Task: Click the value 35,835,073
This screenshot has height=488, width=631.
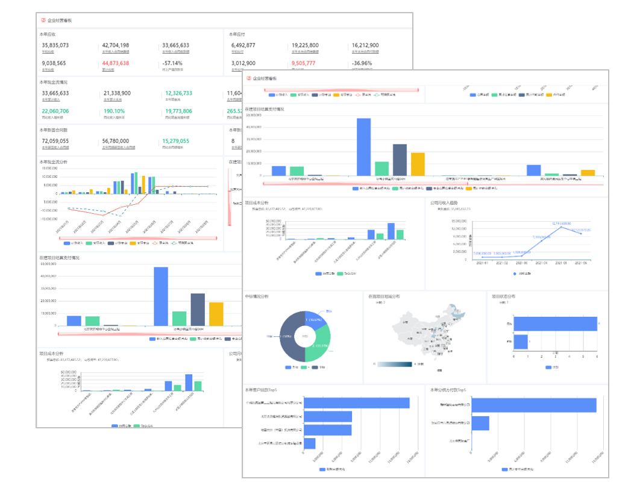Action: pyautogui.click(x=55, y=45)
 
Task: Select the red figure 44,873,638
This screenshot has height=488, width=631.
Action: pyautogui.click(x=115, y=63)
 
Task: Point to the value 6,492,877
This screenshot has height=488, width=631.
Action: pyautogui.click(x=243, y=45)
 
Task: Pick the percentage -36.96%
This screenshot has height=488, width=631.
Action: pyautogui.click(x=362, y=63)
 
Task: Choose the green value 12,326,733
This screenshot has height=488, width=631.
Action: pyautogui.click(x=178, y=93)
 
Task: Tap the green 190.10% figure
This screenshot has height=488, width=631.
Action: pyautogui.click(x=114, y=111)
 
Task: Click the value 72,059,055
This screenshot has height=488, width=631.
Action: pyautogui.click(x=55, y=141)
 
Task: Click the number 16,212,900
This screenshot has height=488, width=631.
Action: pyautogui.click(x=365, y=45)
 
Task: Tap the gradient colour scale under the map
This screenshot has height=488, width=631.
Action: pyautogui.click(x=395, y=364)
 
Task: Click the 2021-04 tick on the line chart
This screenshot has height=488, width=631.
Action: pyautogui.click(x=539, y=263)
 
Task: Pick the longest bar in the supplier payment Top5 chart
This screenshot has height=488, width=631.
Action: pyautogui.click(x=534, y=405)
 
